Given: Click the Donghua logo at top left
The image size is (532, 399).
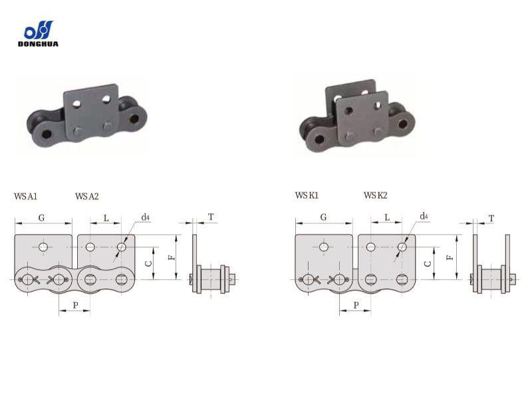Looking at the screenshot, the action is [38, 34].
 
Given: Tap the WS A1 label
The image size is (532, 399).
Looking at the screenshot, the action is [25, 196].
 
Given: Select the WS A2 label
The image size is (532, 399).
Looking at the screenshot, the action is [87, 196].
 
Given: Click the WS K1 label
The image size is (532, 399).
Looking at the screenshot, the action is [307, 195].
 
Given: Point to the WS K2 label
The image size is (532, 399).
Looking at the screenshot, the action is [375, 195].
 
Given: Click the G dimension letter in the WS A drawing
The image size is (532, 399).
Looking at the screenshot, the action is [41, 217].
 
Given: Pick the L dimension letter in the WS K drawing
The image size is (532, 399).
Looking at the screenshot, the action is [387, 217].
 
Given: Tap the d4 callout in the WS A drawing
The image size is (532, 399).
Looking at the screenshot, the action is [145, 217].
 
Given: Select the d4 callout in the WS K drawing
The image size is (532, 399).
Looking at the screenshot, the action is [424, 215].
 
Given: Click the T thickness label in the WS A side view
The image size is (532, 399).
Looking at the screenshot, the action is [211, 217].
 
